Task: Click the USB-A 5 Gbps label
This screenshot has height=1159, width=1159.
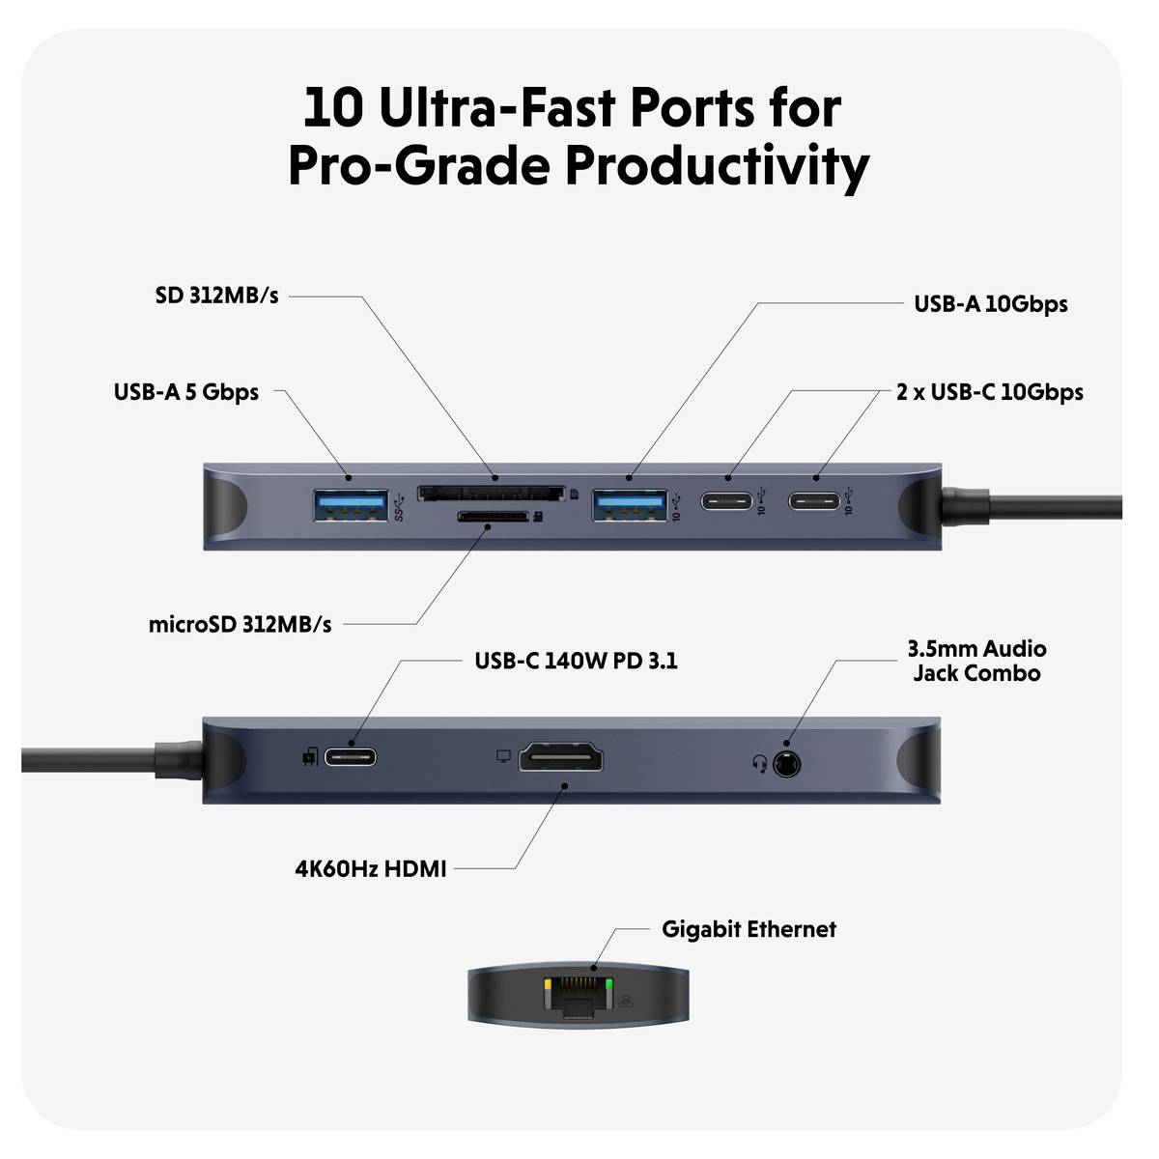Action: click(186, 392)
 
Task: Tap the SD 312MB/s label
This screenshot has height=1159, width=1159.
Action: click(216, 296)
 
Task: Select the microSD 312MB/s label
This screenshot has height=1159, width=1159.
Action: click(240, 625)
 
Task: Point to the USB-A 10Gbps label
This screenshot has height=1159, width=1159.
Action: click(990, 304)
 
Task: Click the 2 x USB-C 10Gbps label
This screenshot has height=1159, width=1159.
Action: click(989, 392)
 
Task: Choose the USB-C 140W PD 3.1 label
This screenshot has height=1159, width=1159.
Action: click(576, 662)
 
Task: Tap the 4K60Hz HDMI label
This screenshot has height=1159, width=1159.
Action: click(371, 869)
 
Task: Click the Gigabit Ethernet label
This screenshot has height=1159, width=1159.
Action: click(749, 929)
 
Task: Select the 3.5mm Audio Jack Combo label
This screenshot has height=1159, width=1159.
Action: click(976, 661)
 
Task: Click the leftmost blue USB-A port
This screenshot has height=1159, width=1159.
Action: click(350, 505)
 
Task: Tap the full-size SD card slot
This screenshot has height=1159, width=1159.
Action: click(491, 494)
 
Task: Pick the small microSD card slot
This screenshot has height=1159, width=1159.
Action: click(492, 518)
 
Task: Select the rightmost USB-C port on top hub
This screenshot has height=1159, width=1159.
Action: click(815, 502)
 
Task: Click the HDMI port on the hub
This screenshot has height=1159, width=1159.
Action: click(561, 757)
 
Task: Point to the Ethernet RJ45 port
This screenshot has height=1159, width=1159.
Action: click(579, 995)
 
